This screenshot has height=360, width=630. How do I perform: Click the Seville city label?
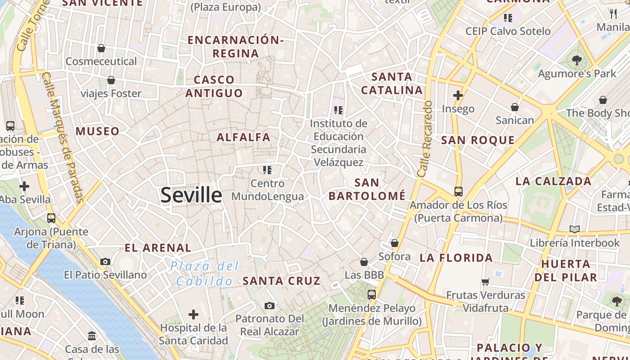click(x=191, y=195)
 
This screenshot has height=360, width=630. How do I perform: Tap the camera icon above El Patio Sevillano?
click(x=105, y=261)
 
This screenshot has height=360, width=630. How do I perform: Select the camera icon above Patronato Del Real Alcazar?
click(x=269, y=306)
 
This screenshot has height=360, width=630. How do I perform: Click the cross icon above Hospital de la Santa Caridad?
click(x=193, y=314)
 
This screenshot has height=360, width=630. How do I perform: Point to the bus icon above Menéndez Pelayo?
click(x=372, y=295)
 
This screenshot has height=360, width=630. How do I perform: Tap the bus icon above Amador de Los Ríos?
click(x=458, y=192)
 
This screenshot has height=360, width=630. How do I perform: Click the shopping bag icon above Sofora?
click(x=395, y=243)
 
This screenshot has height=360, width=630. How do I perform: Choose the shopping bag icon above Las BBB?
click(x=364, y=262)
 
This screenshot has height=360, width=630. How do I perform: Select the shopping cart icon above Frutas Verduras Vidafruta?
click(x=485, y=282)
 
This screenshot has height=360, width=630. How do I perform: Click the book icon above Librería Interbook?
click(x=574, y=229)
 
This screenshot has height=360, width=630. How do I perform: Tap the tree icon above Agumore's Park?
click(x=576, y=60)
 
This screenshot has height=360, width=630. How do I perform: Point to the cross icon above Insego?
click(x=458, y=95)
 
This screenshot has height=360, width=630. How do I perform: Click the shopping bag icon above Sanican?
click(x=514, y=107)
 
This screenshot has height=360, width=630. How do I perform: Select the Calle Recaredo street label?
click(x=425, y=139)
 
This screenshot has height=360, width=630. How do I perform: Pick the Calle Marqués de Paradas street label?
click(x=63, y=137)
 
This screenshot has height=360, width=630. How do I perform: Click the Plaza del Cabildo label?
click(x=205, y=274)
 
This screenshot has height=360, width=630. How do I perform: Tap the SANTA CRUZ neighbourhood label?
click(x=282, y=281)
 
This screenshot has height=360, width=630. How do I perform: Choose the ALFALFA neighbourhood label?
click(x=243, y=137)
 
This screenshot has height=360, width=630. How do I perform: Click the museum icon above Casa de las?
click(x=92, y=336)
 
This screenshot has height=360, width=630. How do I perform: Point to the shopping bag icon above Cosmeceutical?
click(x=101, y=48)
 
